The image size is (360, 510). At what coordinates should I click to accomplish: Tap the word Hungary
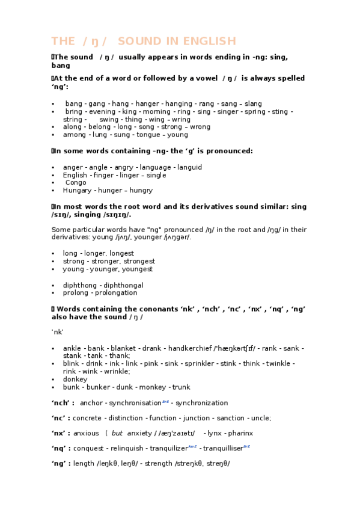[x=78, y=191]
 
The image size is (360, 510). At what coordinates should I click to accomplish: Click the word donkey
[x=75, y=379]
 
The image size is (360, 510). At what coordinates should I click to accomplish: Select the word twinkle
[x=279, y=364]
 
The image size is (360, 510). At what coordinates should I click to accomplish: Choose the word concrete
[x=87, y=418]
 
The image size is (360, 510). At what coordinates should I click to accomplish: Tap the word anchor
[x=91, y=403]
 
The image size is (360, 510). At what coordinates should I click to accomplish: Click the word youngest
[x=138, y=269]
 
